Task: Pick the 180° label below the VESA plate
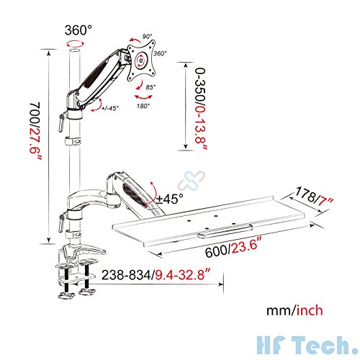pyautogui.click(x=143, y=107)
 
